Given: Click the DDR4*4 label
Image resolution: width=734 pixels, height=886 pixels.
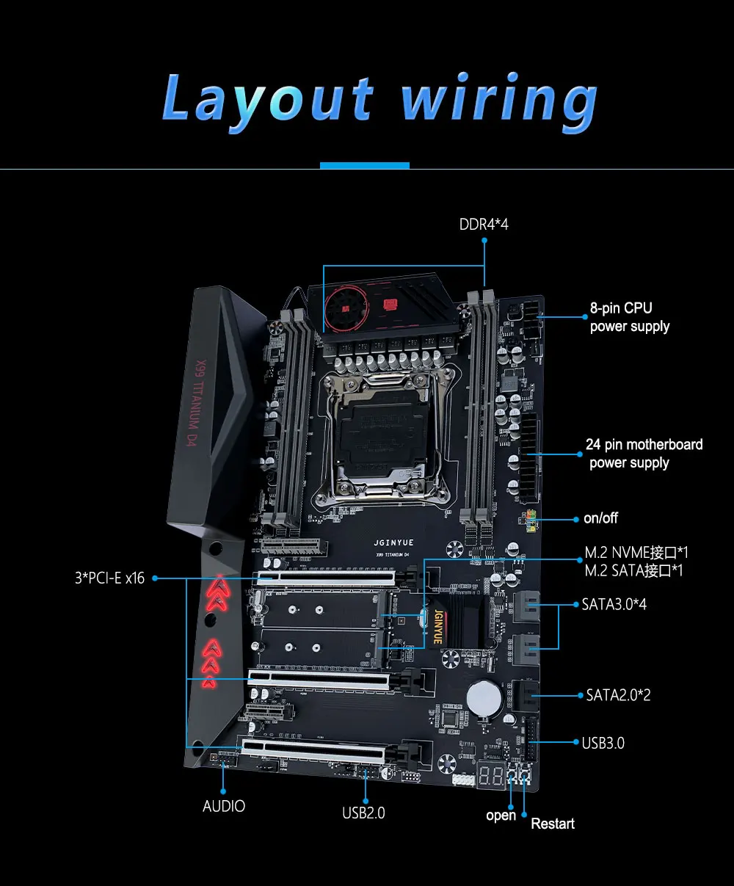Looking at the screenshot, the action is click(x=484, y=224).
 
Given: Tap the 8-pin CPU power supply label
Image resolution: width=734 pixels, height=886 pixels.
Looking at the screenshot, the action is click(x=629, y=317).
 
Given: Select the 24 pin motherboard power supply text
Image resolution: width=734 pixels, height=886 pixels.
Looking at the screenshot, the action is click(x=643, y=453).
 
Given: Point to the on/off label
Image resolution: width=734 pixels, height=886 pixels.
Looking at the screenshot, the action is click(x=600, y=518).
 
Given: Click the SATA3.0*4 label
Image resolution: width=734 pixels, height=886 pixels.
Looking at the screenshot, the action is click(x=614, y=605).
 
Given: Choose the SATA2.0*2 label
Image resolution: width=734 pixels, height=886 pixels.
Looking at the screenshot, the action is click(x=618, y=694).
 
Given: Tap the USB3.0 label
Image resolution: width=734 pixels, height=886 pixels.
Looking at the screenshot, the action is click(x=603, y=743).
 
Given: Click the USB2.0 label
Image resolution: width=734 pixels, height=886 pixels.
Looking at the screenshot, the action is click(x=363, y=813).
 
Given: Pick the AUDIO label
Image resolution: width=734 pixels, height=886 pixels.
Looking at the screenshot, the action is click(x=224, y=806).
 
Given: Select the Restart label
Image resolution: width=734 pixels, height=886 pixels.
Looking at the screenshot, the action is click(x=553, y=824).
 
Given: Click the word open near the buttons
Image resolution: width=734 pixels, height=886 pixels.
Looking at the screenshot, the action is click(x=501, y=816).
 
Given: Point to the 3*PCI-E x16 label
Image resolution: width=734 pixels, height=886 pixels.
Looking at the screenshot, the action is click(x=109, y=578).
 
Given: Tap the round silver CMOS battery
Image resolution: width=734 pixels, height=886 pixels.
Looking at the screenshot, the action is click(x=486, y=697).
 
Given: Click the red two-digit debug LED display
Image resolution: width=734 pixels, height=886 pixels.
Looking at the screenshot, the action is click(x=490, y=775).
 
